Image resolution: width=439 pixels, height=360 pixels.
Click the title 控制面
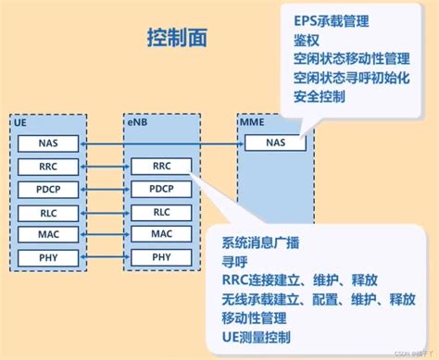pos(177,37)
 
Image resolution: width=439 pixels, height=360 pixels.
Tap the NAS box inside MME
pos(276,143)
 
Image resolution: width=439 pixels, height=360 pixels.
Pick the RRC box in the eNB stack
pos(161,167)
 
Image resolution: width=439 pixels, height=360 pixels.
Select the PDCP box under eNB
pos(161,190)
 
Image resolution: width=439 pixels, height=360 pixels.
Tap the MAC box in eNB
pos(161,234)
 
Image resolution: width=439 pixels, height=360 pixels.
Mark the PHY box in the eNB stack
pos(161,256)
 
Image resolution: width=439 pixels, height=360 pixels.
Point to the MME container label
pos(252,121)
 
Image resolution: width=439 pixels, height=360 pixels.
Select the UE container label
pos(20,121)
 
